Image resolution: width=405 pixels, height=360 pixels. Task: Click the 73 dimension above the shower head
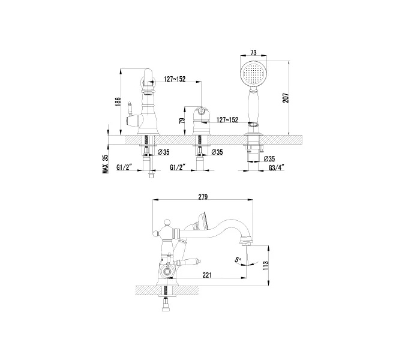tap(253, 53)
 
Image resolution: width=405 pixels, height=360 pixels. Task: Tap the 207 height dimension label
tap(286, 98)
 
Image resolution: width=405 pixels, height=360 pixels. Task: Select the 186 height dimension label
tap(118, 102)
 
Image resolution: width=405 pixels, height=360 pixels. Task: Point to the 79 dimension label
tap(182, 121)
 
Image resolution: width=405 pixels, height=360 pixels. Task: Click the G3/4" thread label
tap(277, 167)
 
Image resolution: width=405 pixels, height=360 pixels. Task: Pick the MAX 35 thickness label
tap(106, 164)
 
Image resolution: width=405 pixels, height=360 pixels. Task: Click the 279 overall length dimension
tap(203, 197)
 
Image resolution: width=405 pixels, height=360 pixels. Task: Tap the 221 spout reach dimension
tap(206, 275)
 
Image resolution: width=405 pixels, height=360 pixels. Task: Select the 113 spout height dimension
tap(266, 266)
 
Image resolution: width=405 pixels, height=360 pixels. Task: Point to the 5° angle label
tap(238, 260)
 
